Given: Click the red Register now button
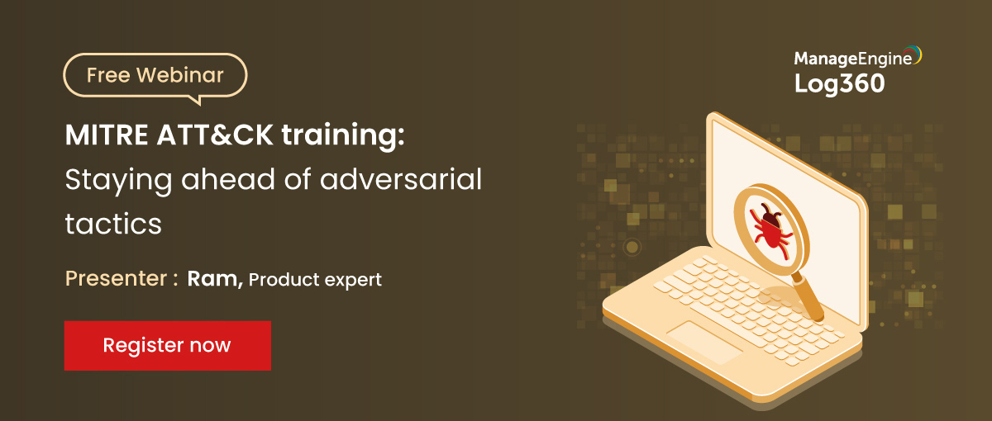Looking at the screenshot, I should pos(167,345).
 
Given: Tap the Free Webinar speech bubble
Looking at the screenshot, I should pos(155,76).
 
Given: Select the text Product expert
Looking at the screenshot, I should pos(315,280).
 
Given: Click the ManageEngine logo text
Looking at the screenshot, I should pos(852,58).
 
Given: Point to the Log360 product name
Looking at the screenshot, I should pos(839,83).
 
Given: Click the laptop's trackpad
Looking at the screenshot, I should pos(704,340).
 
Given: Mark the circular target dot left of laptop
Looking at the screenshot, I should pos(632,247).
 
